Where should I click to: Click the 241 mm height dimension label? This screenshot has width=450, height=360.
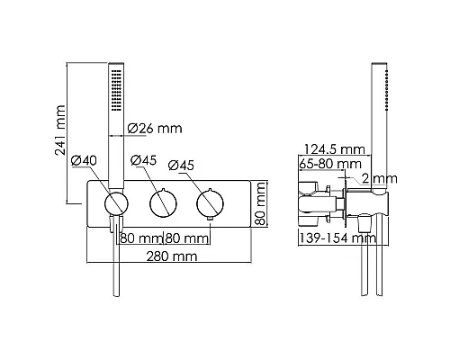60,130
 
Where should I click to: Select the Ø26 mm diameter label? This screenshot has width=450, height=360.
155,129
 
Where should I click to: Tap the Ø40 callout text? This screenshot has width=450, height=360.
84,161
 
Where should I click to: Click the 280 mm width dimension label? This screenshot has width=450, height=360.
172,256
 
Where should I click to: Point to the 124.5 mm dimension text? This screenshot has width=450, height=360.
335,149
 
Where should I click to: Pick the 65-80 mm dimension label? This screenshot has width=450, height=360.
330,164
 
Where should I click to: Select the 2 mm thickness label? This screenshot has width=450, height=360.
380,179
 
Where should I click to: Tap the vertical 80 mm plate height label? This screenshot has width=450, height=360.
260,203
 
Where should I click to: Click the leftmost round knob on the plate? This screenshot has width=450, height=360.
116,204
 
